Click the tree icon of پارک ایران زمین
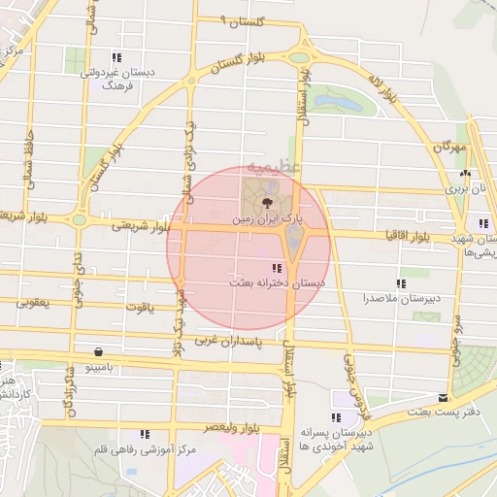pyautogui.click(x=267, y=203)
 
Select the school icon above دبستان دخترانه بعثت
pyautogui.click(x=277, y=268)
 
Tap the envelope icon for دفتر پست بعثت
pyautogui.click(x=444, y=397)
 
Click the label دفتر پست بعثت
pyautogui.click(x=458, y=413)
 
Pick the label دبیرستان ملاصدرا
pyautogui.click(x=399, y=297)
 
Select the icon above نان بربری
pyautogui.click(x=463, y=175)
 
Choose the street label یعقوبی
pyautogui.click(x=32, y=302)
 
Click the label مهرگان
pyautogui.click(x=450, y=147)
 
